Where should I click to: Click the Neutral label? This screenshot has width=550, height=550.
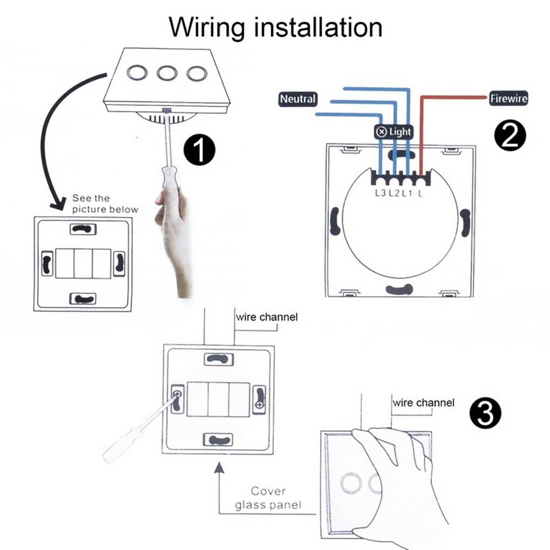coord(297,99)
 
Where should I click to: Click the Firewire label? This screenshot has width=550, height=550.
coord(508,99)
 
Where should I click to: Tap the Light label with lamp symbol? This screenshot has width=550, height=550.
coord(393,132)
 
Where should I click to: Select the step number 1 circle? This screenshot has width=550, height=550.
coord(200,150)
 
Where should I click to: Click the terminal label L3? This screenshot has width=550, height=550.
coord(380,192)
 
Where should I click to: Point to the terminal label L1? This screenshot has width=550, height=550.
coord(407,192)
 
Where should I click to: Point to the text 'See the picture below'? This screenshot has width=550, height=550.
coord(105,204)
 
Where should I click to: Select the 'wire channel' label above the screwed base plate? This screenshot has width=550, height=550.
coord(266,317)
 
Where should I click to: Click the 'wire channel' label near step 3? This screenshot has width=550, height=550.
coord(423,403)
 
